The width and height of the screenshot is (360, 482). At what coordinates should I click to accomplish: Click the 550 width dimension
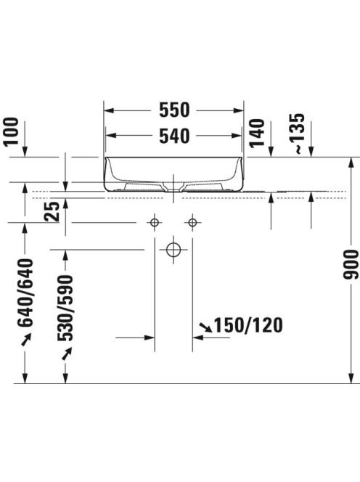[x=174, y=110]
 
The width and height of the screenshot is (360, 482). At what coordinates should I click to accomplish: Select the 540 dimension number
[x=174, y=136]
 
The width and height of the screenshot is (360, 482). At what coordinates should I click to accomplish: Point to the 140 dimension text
[x=257, y=133]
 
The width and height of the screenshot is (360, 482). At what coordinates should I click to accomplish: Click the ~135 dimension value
[x=297, y=134]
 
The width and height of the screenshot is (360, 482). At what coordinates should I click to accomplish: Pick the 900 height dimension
[x=351, y=265]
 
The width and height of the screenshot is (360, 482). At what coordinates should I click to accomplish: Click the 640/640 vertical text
[x=25, y=293]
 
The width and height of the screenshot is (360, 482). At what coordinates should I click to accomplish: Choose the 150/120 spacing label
[x=248, y=325]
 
